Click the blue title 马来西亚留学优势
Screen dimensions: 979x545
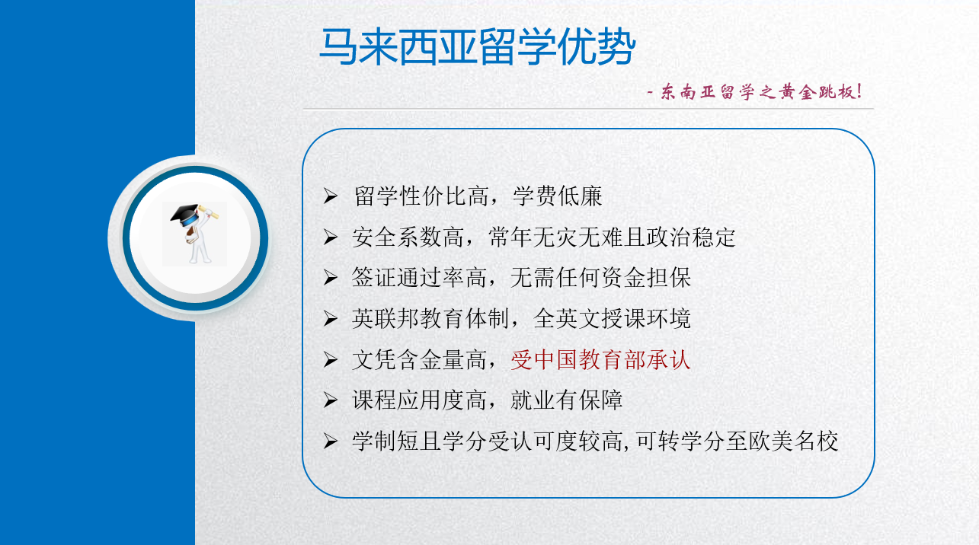pos(477,46)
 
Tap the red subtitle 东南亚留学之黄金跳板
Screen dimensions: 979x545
pos(760,91)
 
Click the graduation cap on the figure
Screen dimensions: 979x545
pos(185,215)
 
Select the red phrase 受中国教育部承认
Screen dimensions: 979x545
pos(600,360)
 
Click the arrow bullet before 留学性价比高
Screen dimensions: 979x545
pos(331,196)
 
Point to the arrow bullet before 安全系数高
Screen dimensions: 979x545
pos(331,237)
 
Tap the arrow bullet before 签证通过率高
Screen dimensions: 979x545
pos(331,278)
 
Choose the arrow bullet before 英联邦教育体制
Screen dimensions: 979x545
pos(331,319)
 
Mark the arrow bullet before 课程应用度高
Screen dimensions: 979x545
pos(331,400)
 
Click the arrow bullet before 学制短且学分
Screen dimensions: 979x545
pos(331,441)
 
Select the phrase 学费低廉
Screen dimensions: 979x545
pos(557,196)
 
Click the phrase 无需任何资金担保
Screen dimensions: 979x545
pos(600,278)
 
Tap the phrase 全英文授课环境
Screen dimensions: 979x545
pos(612,319)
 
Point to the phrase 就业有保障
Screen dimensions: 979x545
pos(566,400)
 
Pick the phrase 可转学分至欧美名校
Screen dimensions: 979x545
pos(737,441)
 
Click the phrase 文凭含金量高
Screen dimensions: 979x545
pos(420,360)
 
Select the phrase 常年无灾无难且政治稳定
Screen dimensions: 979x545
pos(612,237)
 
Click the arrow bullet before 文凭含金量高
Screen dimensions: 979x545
pos(331,360)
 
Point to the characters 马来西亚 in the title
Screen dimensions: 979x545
pos(398,46)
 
